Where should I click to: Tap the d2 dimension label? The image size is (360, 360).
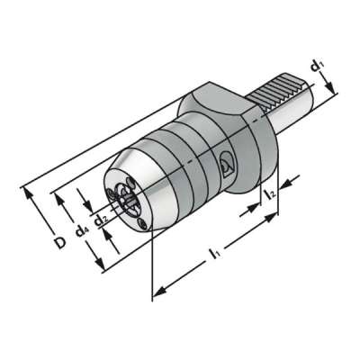click(x=103, y=218)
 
